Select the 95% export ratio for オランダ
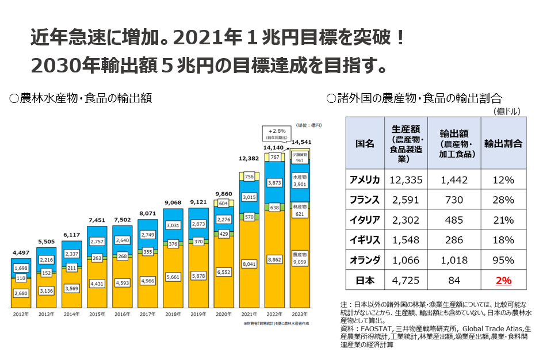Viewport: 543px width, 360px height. (x=503, y=260)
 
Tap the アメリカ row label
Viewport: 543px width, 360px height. (x=365, y=180)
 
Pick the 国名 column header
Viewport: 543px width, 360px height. (x=365, y=143)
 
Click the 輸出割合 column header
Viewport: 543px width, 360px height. (x=503, y=143)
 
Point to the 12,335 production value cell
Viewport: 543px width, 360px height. (x=407, y=180)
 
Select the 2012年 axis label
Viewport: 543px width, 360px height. (x=21, y=314)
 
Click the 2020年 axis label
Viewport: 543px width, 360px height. (x=223, y=314)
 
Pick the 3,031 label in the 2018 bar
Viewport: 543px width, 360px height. (x=173, y=225)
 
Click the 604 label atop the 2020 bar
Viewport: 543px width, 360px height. (x=223, y=203)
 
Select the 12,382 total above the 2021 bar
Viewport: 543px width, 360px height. (x=249, y=158)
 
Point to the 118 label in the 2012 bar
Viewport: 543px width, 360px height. (x=21, y=278)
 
